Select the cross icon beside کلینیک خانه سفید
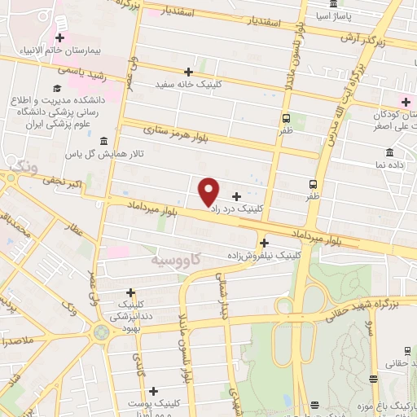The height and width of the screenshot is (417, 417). click(189, 72)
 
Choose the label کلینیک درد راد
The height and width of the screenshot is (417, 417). click(237, 208)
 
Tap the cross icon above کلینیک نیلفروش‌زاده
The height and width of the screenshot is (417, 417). click(264, 242)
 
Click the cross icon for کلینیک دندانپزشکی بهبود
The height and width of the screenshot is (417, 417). click(130, 292)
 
